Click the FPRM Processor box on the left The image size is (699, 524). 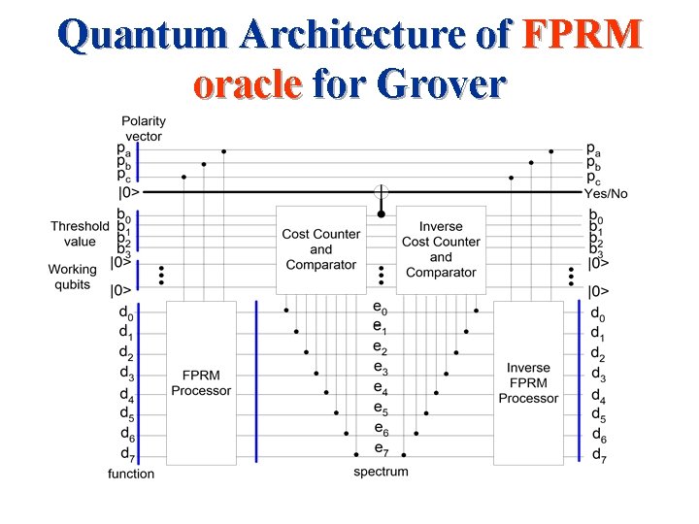click(201, 382)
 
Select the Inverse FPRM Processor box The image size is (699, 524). click(528, 382)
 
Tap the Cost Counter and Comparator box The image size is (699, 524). click(321, 248)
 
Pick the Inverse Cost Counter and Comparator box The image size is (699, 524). click(441, 248)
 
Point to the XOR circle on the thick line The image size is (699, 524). click(382, 192)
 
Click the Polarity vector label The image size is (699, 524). click(143, 128)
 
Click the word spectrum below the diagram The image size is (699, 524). click(381, 472)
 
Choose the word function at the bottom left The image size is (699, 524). click(131, 474)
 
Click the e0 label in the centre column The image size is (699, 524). click(380, 308)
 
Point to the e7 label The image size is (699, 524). click(380, 448)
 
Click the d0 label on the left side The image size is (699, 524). click(126, 311)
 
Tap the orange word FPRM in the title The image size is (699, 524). click(582, 36)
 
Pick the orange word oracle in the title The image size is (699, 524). click(247, 84)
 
